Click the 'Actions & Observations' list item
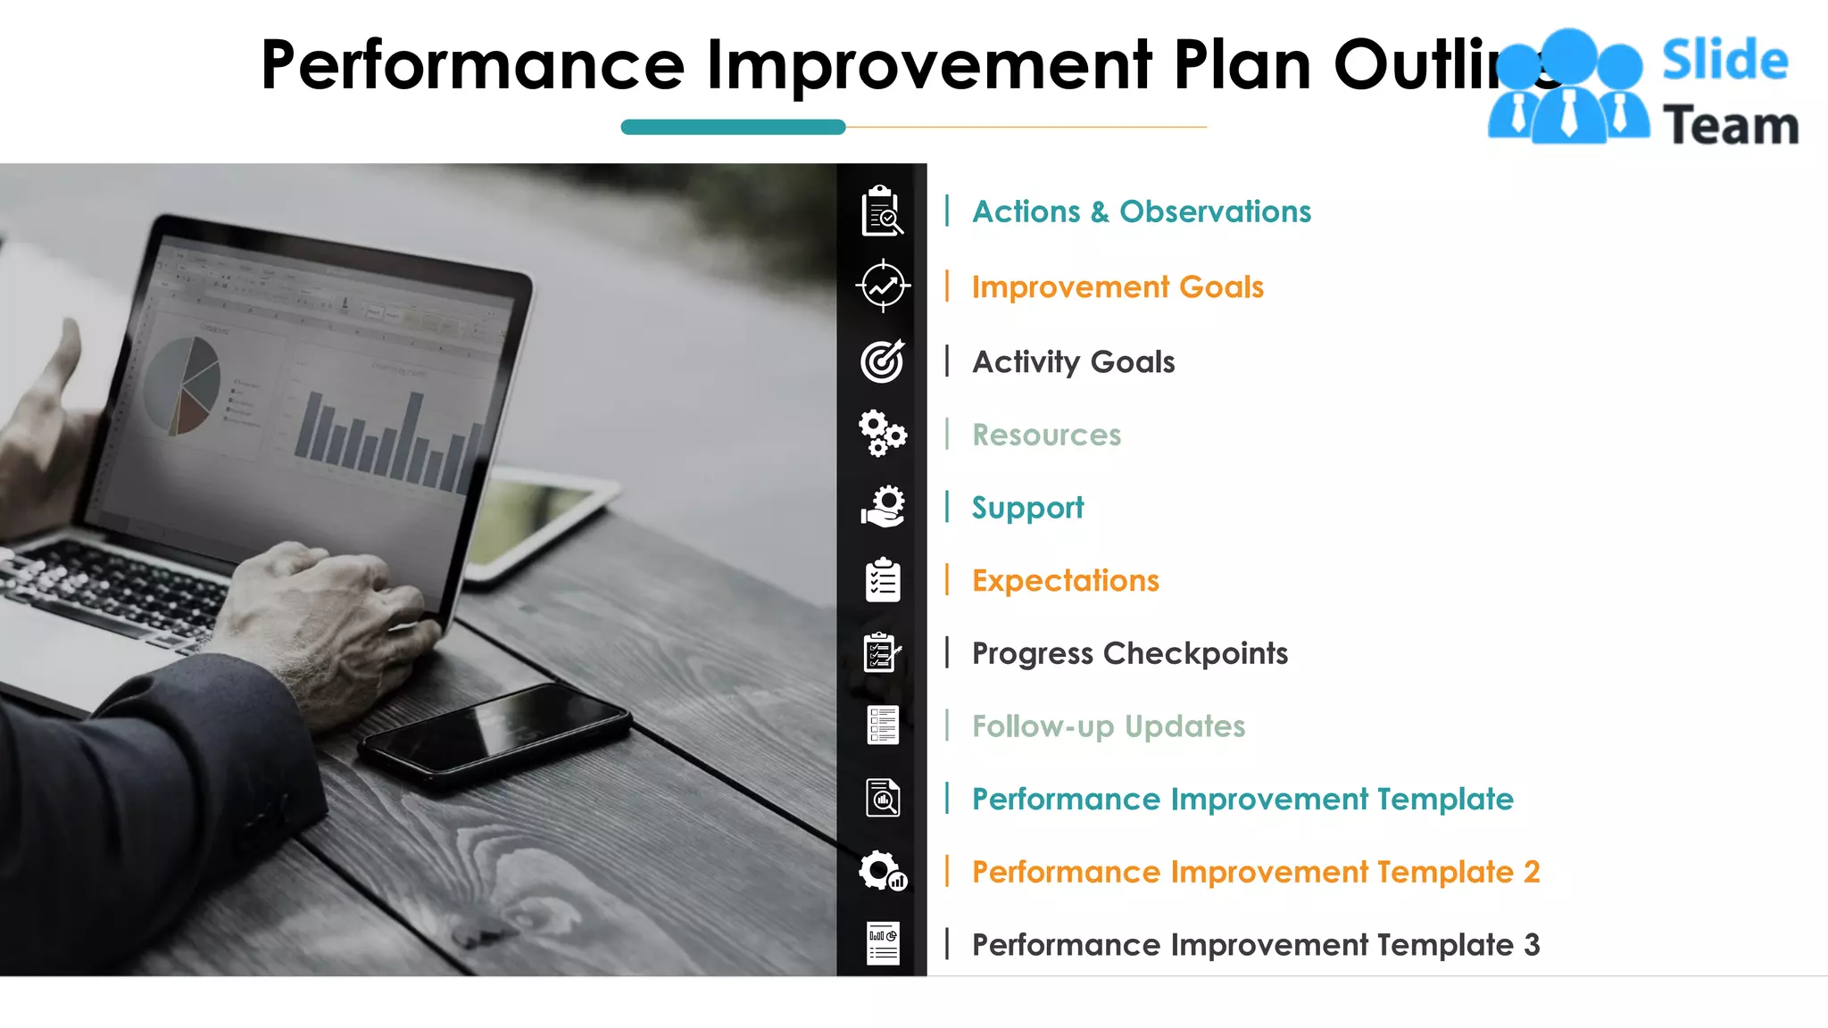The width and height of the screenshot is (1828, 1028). point(1141,211)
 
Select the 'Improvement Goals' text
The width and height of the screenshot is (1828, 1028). point(1118,287)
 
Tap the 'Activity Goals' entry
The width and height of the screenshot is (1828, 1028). point(1073,362)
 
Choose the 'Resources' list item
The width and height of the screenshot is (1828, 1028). point(1046,435)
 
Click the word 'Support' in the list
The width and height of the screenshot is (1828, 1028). point(1027,508)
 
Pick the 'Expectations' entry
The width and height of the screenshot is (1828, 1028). point(1065,581)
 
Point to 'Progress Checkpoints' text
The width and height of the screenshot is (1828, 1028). point(1129,653)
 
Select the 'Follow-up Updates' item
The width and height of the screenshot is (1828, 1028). point(1108,726)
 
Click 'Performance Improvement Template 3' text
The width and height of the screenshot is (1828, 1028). point(1255,945)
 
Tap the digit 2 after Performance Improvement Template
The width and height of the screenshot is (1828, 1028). point(1532,872)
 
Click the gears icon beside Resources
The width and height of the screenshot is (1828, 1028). point(883,434)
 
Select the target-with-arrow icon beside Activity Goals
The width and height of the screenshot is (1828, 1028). point(883,361)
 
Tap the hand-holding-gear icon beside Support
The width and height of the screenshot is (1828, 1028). point(883,507)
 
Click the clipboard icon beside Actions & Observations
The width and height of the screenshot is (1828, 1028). point(882,211)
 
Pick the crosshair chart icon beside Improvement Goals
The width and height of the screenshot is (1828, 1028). point(883,286)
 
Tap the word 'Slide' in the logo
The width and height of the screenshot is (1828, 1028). point(1724,61)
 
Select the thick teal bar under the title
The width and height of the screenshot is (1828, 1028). point(733,128)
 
